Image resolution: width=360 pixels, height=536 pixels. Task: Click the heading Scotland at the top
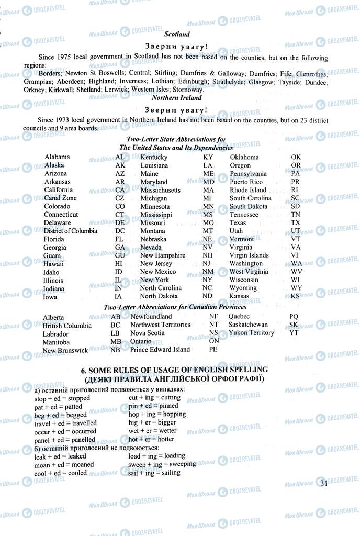coord(177,34)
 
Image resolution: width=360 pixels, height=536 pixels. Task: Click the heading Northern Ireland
coord(177,97)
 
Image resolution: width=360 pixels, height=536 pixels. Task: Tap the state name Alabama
coord(57,157)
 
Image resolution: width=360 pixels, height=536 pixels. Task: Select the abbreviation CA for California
coord(120,189)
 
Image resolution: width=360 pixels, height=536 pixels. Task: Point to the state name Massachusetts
coord(160,190)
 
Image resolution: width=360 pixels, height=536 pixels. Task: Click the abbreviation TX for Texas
coord(296,222)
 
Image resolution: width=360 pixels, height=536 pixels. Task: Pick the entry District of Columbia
coord(70,231)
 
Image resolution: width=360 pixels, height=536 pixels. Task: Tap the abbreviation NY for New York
coord(207,280)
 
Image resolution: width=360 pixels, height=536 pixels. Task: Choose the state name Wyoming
coord(243,288)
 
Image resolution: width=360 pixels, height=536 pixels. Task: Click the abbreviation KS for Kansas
coord(296,296)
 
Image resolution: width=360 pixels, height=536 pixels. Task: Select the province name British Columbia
coord(67,325)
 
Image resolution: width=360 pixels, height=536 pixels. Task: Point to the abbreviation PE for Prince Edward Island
coord(213,349)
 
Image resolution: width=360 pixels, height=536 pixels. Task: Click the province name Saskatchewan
coord(248,325)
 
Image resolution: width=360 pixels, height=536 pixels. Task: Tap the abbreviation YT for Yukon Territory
coord(294,332)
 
